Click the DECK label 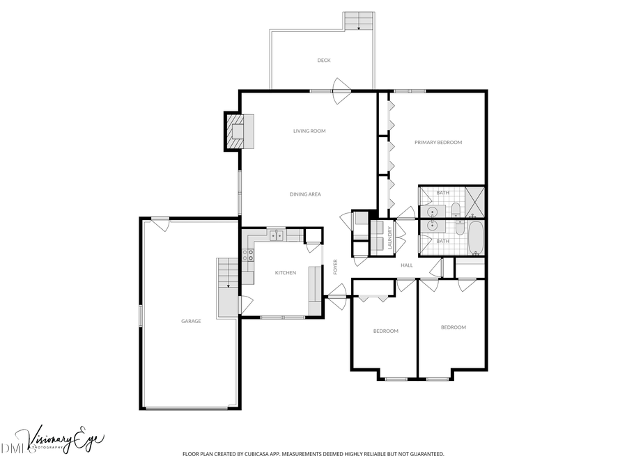coord(324,61)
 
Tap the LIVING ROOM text coord(309,131)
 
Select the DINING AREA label coord(305,194)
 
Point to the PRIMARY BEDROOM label coord(438,143)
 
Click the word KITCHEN coord(285,273)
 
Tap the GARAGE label coord(191,321)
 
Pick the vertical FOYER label coord(336,267)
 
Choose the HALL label coord(407,265)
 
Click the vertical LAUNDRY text coord(391,237)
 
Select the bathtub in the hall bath coord(476,238)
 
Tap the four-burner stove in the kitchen coord(247,256)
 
